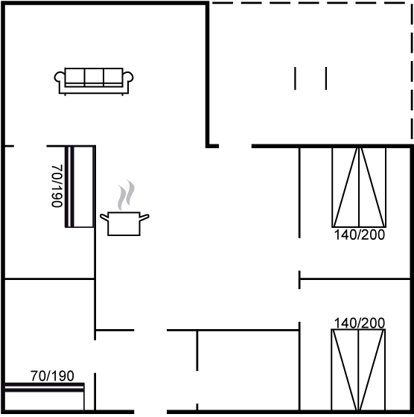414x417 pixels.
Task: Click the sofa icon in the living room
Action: click(x=94, y=81)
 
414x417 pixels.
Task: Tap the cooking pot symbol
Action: click(x=124, y=223)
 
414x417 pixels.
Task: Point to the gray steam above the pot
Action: click(x=126, y=194)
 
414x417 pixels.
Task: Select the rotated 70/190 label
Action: click(x=57, y=186)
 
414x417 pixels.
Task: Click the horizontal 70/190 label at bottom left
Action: click(x=52, y=376)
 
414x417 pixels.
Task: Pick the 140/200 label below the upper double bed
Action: click(x=359, y=235)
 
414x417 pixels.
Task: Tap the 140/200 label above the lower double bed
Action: click(x=359, y=323)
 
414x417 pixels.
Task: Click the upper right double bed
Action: click(x=359, y=188)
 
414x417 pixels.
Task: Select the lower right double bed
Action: click(x=358, y=370)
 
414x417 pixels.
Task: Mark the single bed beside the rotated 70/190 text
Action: click(x=80, y=186)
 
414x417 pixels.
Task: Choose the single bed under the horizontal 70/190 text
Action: click(x=45, y=397)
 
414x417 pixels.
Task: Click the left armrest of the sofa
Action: click(x=60, y=77)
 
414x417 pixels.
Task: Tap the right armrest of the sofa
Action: click(x=128, y=77)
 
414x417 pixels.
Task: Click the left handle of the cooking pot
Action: click(x=104, y=217)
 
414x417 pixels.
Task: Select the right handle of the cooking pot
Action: click(x=144, y=217)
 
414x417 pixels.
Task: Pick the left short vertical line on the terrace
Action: click(x=295, y=78)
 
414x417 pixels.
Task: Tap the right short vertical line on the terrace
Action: click(x=326, y=78)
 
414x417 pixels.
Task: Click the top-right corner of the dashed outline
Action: click(x=413, y=3)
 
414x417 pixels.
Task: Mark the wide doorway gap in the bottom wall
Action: click(x=150, y=413)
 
